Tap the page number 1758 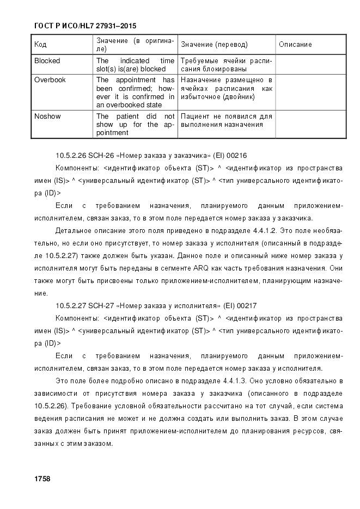42,479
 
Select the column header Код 40,45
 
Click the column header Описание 295,45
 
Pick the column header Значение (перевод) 214,45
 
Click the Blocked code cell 47,61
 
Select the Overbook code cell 50,79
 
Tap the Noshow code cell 48,116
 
